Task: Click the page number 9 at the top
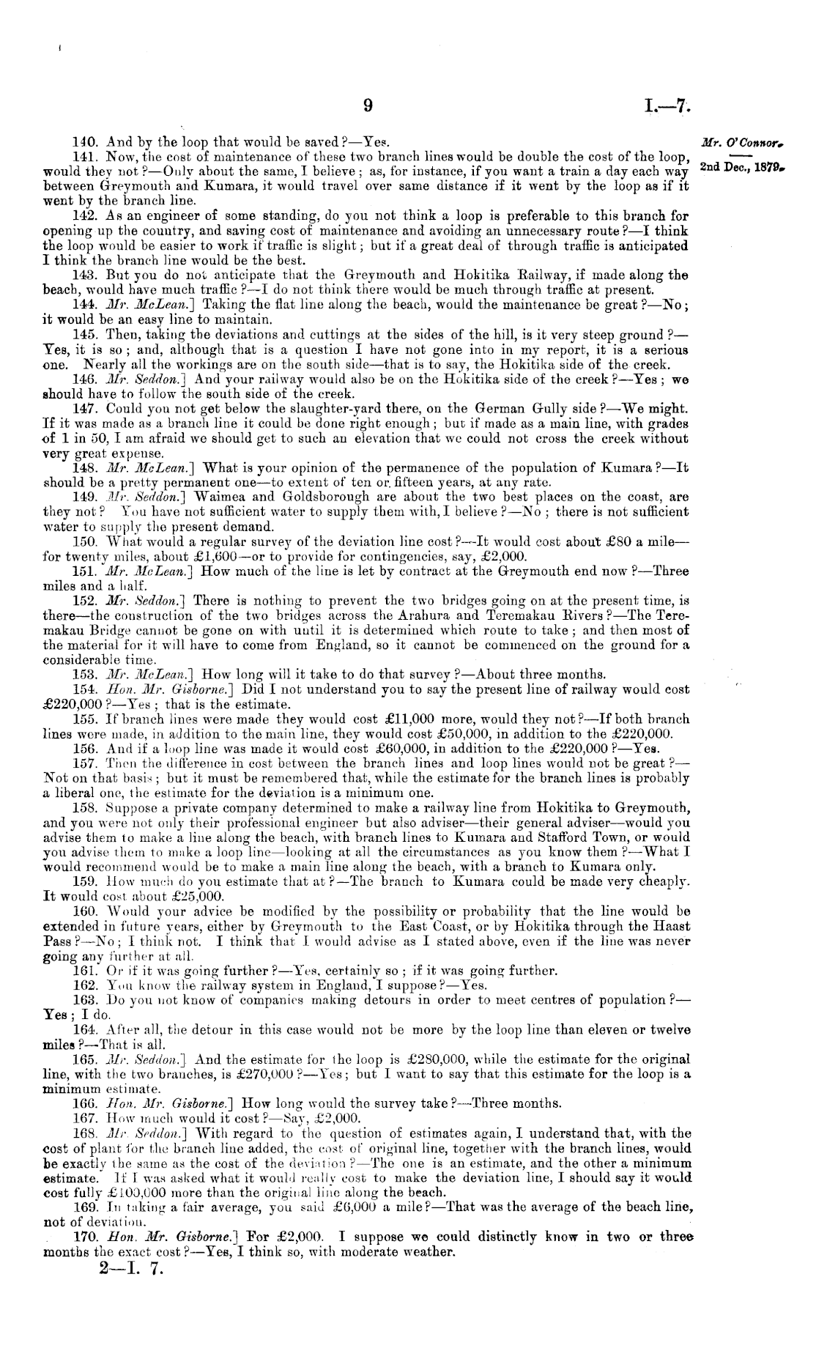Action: click(x=369, y=106)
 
